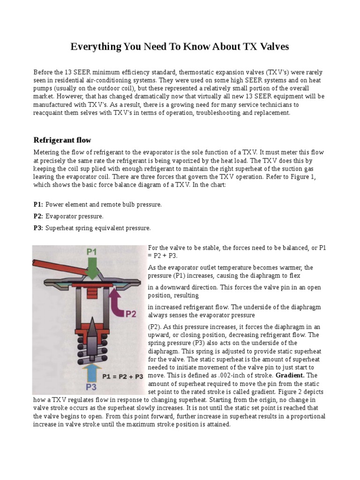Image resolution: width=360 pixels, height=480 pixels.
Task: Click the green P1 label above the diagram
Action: pos(91,252)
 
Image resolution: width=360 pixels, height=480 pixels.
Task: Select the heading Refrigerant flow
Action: pos(62,140)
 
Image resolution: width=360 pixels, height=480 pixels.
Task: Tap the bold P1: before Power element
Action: pos(38,205)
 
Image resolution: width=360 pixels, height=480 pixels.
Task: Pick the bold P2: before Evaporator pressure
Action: pos(38,216)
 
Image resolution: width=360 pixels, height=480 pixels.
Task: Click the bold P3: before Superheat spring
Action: pos(38,228)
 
